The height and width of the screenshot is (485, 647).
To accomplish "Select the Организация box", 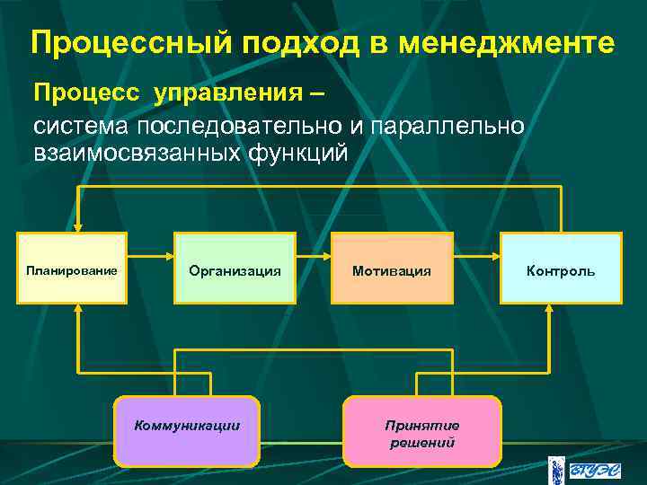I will pos(235,268).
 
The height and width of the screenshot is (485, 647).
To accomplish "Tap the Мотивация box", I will pos(391,268).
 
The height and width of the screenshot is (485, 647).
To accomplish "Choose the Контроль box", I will pos(561,268).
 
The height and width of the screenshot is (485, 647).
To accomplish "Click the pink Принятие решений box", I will pos(421,432).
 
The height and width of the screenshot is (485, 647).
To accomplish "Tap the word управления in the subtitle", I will pos(223,93).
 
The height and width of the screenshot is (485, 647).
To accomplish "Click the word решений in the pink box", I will pos(421,442).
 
